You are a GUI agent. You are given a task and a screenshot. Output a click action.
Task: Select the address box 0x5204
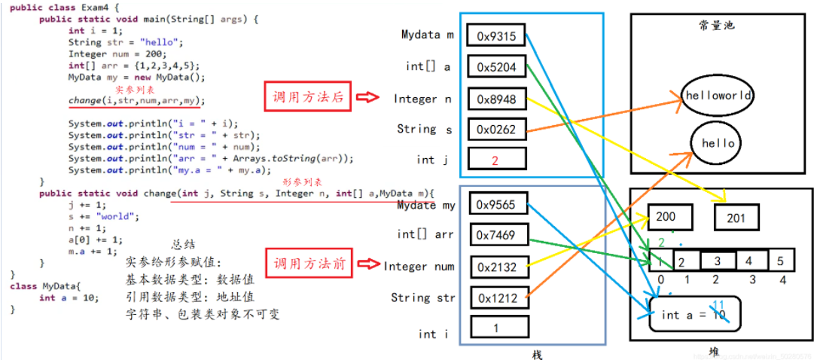point(495,67)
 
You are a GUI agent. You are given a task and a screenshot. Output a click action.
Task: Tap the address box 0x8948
point(495,99)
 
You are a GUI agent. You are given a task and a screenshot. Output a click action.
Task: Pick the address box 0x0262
point(495,130)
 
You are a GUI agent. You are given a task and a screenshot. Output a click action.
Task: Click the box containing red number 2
point(495,160)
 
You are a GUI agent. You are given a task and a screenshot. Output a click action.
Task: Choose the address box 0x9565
point(495,204)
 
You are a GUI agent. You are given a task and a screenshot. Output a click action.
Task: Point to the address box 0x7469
point(495,235)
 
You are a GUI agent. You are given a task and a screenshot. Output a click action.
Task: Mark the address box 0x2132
point(495,267)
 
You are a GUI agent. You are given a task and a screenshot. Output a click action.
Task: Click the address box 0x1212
point(495,298)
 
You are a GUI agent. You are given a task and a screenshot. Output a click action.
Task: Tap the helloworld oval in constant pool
point(717,96)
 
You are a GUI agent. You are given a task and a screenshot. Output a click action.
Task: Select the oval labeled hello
point(718,143)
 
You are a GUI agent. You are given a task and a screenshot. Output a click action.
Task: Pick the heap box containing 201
point(736,218)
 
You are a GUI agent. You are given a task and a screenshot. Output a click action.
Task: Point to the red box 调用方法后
point(308,98)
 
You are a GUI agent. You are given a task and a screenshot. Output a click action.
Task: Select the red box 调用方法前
point(308,264)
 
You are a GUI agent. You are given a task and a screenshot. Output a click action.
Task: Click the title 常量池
point(716,25)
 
